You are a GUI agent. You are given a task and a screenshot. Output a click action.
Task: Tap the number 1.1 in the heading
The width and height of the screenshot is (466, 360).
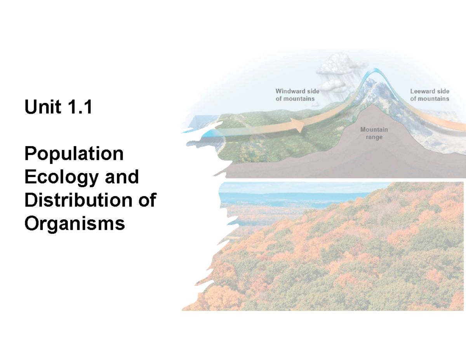79,107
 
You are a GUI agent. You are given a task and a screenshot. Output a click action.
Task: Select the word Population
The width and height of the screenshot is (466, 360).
74,154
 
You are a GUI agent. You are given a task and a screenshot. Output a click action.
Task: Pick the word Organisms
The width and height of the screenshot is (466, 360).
75,224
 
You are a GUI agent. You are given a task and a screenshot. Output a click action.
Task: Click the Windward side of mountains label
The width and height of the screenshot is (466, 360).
297,95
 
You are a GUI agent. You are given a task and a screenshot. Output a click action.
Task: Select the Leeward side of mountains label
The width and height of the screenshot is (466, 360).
429,95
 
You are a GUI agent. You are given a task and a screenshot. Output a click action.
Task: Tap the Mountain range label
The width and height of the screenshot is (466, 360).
374,133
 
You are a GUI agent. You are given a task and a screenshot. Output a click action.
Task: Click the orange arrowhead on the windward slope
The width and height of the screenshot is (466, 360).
298,124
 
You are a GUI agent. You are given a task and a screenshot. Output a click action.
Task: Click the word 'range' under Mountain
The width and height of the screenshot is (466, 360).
374,137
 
